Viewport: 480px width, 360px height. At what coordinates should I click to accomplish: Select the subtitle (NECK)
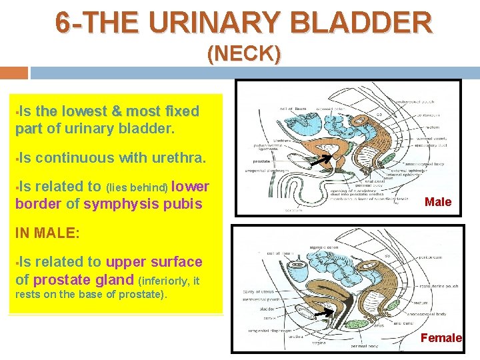coord(243,53)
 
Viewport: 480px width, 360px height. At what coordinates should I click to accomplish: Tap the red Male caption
coord(438,202)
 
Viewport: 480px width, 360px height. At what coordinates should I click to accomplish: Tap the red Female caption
coord(441,338)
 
